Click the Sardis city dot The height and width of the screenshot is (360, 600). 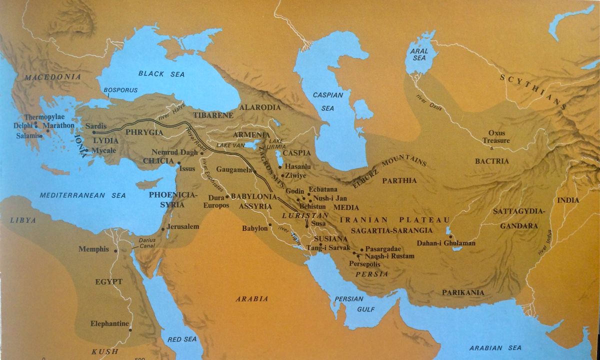tap(94, 132)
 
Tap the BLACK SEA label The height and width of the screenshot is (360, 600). tap(161, 74)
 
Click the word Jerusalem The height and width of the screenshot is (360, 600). tap(183, 226)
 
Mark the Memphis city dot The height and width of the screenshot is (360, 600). tap(116, 250)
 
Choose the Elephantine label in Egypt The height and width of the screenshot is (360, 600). tap(110, 323)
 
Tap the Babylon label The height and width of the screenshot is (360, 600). tap(255, 228)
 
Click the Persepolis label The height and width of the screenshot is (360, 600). tap(364, 263)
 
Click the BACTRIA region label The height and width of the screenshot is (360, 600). tap(491, 161)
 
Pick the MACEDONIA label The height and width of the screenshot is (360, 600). tap(52, 77)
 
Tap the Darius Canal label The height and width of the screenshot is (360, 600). tap(144, 243)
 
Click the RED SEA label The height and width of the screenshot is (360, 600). tap(182, 339)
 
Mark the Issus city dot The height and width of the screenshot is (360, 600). tap(179, 162)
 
